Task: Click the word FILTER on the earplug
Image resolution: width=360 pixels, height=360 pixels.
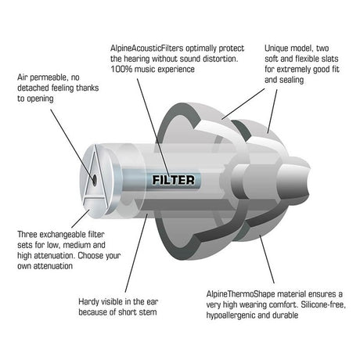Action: (174, 180)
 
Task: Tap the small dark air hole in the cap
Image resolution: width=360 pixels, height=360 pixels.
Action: (94, 179)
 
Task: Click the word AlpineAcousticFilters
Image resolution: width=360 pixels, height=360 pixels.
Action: (147, 49)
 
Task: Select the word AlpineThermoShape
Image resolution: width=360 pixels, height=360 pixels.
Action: (241, 294)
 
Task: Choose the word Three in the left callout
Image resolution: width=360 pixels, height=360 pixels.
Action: (27, 234)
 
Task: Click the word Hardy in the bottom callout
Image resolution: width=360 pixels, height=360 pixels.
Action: (88, 302)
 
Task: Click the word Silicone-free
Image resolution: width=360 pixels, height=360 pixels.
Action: (322, 305)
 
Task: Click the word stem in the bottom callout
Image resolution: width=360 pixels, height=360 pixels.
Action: (148, 312)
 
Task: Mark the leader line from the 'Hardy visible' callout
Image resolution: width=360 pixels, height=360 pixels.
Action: (136, 254)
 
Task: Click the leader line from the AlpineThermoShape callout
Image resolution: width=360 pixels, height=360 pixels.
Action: (267, 259)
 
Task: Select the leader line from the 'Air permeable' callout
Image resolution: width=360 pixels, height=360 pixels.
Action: (72, 145)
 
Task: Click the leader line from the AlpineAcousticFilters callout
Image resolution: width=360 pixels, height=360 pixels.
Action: (153, 126)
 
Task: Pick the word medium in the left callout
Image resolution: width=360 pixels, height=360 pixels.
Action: (77, 245)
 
